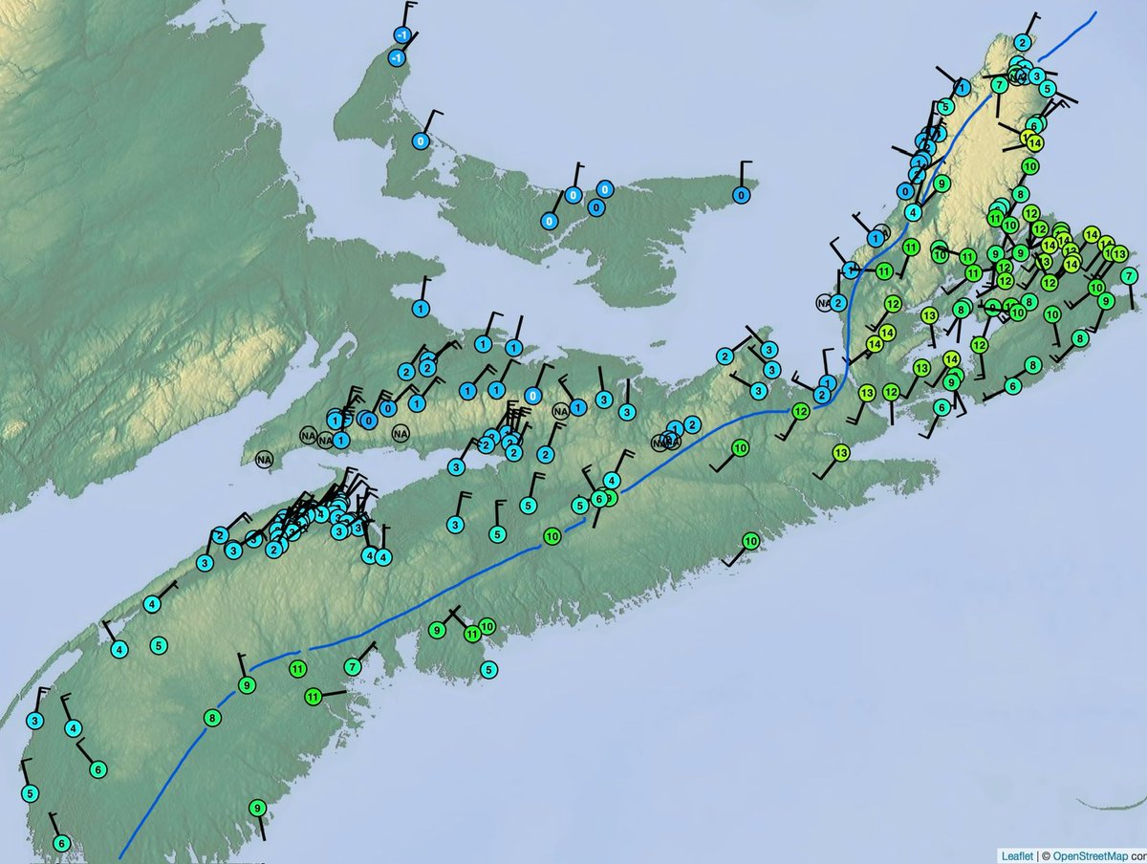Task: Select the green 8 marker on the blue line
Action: (x=212, y=717)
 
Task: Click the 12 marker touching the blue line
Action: (x=801, y=411)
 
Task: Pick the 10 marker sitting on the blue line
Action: (x=552, y=537)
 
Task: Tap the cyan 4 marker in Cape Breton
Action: (x=914, y=211)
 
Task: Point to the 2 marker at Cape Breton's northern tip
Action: (x=1023, y=42)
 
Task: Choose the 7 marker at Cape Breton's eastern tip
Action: (x=1130, y=275)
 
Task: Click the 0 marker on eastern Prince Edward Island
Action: (x=740, y=195)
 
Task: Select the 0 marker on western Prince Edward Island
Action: (x=421, y=140)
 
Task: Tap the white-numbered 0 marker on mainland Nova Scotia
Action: (x=533, y=396)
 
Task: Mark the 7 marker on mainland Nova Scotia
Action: (x=353, y=666)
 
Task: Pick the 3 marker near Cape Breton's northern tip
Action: (x=1036, y=75)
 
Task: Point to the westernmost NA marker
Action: (x=264, y=460)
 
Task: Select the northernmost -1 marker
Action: (x=402, y=35)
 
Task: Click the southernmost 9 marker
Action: (x=257, y=808)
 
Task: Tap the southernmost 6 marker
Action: (x=61, y=843)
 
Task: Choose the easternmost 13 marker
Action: (x=1119, y=254)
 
